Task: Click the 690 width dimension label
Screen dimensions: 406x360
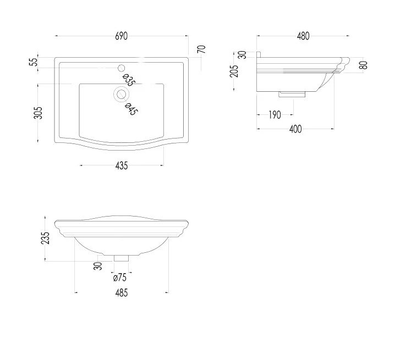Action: (121, 36)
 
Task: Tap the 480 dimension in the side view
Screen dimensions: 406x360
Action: (303, 36)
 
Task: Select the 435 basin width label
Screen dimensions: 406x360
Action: (122, 166)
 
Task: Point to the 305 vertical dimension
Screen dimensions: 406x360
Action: (38, 113)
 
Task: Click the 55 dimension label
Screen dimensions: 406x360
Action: (34, 62)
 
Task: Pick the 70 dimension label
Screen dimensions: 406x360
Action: (201, 49)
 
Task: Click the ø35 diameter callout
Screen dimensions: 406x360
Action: (129, 80)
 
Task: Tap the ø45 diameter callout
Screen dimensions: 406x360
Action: (131, 109)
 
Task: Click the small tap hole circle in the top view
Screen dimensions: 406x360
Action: (121, 68)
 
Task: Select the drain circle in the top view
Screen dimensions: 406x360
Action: (121, 95)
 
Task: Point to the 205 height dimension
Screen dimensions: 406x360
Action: (234, 71)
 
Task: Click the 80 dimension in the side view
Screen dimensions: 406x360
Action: (364, 65)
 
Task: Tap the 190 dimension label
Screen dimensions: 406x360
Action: (275, 115)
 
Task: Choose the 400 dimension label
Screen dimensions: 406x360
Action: (295, 129)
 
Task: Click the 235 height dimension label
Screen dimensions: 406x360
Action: (45, 238)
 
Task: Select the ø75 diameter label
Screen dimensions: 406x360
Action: (119, 278)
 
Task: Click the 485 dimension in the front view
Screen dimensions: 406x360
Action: (122, 293)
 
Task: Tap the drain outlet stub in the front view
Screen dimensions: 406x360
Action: (122, 258)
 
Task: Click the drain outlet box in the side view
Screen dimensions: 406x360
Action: (292, 94)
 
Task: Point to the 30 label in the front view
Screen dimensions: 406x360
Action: (98, 266)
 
